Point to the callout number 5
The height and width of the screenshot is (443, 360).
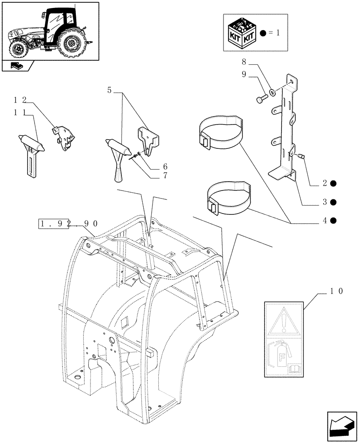(110, 90)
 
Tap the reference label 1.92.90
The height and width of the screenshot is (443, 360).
(68, 225)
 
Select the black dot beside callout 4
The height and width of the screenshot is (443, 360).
(333, 220)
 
